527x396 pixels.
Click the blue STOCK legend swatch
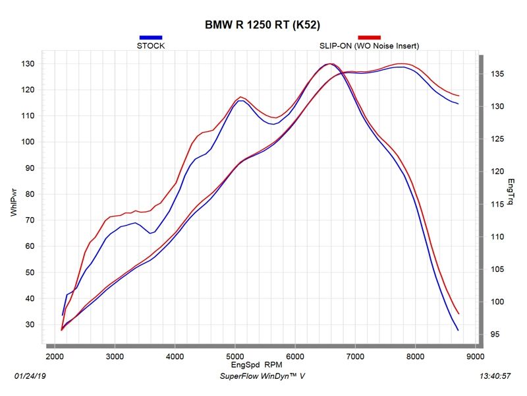coord(151,38)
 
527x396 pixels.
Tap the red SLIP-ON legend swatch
coord(369,38)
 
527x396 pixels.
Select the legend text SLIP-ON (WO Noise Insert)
coord(369,46)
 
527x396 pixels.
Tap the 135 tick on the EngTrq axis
coord(497,74)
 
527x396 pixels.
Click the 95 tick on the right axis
coord(495,335)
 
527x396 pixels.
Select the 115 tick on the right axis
coord(497,204)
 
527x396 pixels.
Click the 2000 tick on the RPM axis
coord(55,356)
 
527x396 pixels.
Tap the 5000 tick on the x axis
coord(235,356)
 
